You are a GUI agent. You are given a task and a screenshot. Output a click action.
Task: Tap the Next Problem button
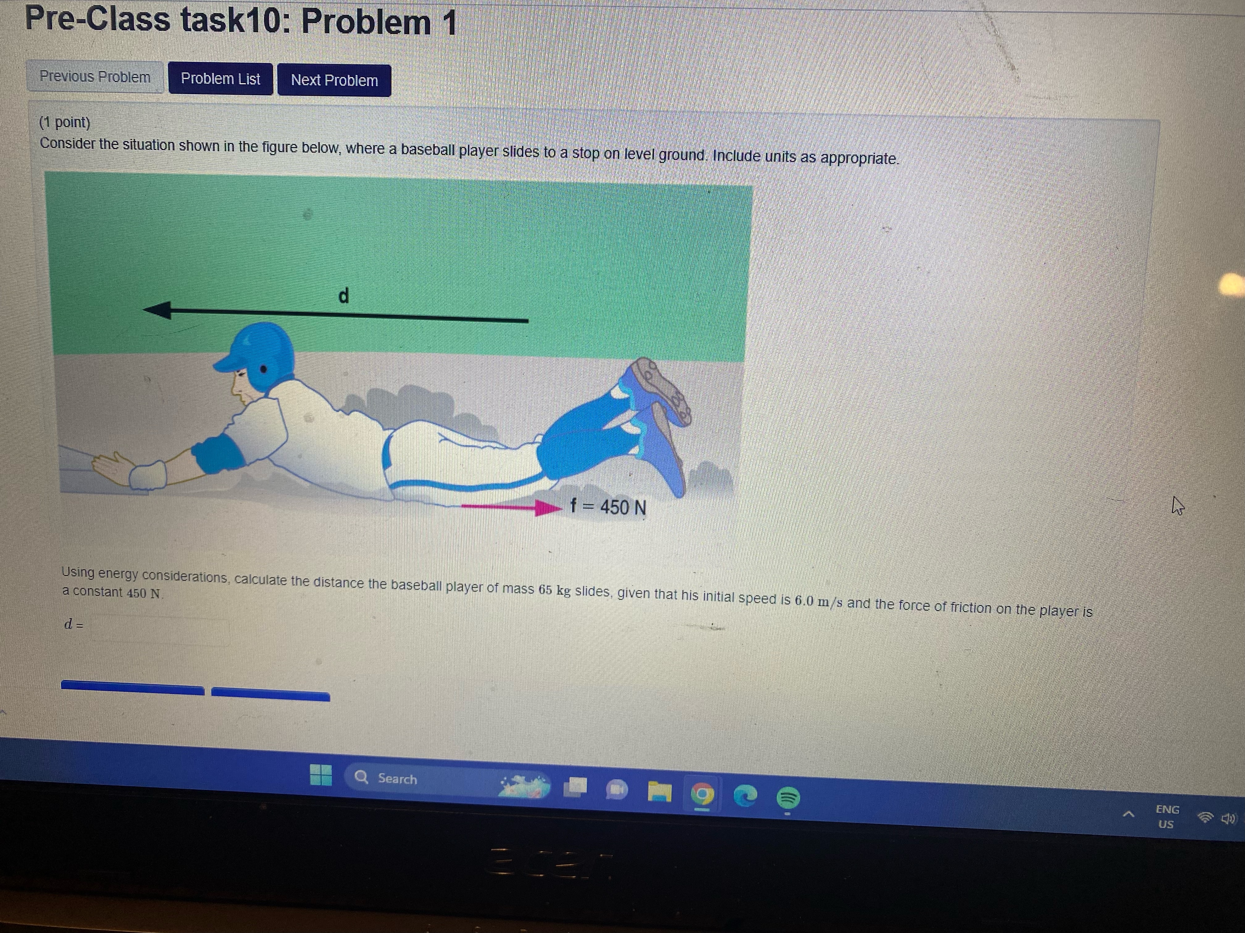(x=334, y=81)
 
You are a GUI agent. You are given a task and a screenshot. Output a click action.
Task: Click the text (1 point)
(x=65, y=122)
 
